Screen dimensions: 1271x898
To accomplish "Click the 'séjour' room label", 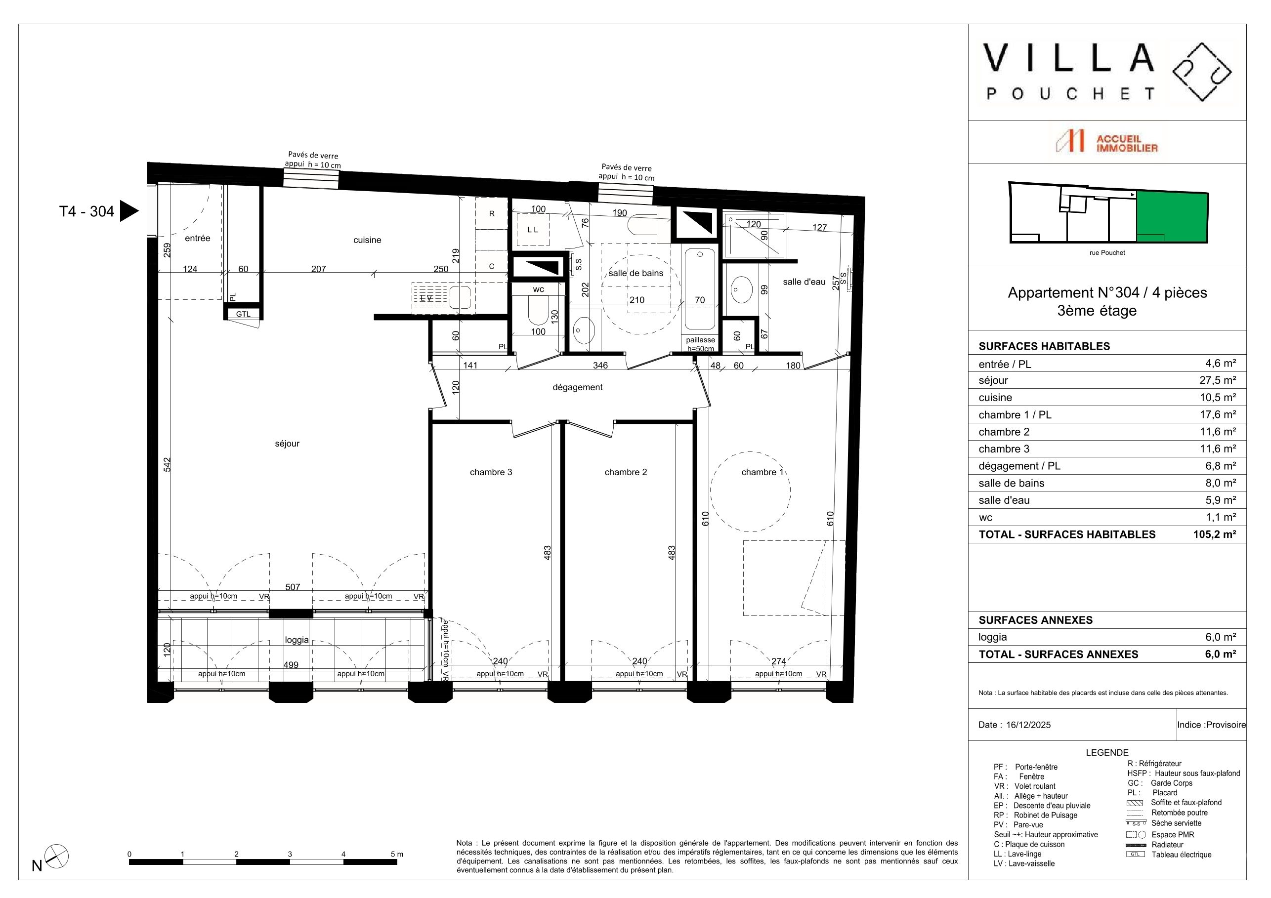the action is coord(287,444).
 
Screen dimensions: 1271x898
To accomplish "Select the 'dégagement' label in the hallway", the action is coord(577,387).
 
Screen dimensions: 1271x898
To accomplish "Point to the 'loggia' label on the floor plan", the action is coord(297,640).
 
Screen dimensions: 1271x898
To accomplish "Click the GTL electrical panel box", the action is coord(243,314).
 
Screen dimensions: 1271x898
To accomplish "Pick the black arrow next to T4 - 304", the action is coord(129,211).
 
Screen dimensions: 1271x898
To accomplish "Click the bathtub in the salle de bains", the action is coord(700,287).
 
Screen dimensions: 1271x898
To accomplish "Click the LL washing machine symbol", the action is coord(533,230).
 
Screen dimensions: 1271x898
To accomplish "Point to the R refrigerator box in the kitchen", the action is coord(492,213).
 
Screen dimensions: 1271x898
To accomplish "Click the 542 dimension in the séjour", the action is coord(167,464).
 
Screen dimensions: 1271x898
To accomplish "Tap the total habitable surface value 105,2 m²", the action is coord(1215,534).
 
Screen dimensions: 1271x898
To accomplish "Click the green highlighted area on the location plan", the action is coord(1172,217).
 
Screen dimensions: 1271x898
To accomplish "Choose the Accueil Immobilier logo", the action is coord(1106,141).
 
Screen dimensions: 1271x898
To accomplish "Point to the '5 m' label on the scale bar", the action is coord(397,855).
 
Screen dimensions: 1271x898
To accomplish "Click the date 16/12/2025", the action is coord(1028,725).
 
